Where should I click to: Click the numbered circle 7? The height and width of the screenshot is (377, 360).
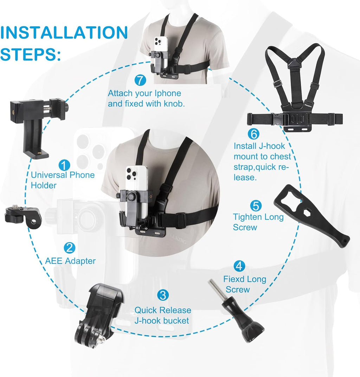[x=140, y=80]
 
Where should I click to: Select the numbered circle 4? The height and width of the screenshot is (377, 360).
[x=239, y=266]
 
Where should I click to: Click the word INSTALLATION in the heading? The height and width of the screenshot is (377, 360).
[x=64, y=33]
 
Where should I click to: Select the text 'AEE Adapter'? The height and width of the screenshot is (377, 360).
[x=70, y=261]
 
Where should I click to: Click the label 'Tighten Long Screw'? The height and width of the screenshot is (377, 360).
[x=258, y=222]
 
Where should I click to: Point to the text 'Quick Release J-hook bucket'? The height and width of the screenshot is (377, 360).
[x=163, y=315]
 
